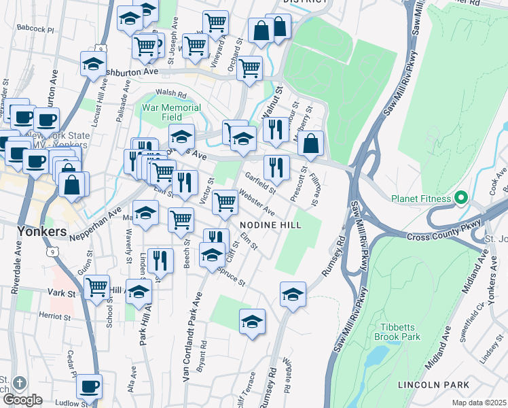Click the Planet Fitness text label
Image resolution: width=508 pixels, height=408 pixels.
(x=420, y=199)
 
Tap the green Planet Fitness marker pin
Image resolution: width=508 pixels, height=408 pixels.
(x=461, y=199)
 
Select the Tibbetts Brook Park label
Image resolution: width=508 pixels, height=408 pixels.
(x=397, y=331)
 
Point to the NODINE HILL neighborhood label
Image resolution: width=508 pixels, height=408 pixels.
(x=270, y=224)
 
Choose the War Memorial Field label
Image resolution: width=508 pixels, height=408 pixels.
(x=171, y=112)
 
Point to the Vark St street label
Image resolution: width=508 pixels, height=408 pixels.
(x=60, y=293)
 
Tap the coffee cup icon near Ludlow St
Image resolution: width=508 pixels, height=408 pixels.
(x=89, y=387)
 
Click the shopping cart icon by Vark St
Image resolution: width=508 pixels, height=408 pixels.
(x=96, y=286)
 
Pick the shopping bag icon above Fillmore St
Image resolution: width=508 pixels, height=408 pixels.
(x=310, y=143)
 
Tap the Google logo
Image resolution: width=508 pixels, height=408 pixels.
(x=22, y=400)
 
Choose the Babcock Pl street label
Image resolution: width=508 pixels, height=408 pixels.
(x=37, y=29)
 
